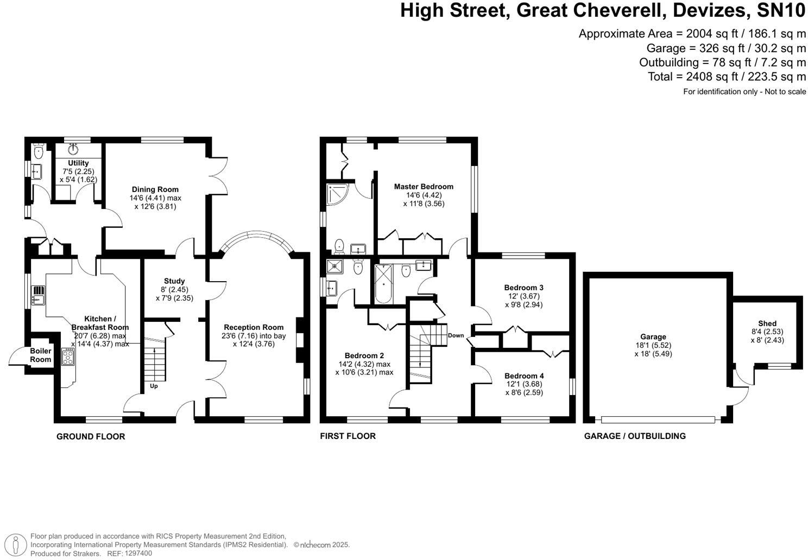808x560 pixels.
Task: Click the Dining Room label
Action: [155, 189]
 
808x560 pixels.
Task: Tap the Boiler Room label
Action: [41, 355]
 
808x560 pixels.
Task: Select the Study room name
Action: [174, 281]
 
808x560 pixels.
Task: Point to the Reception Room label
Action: [254, 327]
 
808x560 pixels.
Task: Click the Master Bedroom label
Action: [424, 186]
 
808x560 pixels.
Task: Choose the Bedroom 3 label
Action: [523, 288]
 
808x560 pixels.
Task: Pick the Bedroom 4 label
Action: [523, 376]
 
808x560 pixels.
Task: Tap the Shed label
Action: [767, 323]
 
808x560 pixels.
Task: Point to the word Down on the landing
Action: [456, 335]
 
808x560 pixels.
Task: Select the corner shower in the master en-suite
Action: [336, 194]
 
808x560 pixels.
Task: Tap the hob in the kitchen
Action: [69, 357]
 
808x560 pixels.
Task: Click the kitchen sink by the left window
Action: [38, 297]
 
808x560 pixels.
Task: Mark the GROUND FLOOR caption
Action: [91, 436]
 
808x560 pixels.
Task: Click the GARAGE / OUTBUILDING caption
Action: [635, 436]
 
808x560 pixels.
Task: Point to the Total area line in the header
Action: [727, 77]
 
